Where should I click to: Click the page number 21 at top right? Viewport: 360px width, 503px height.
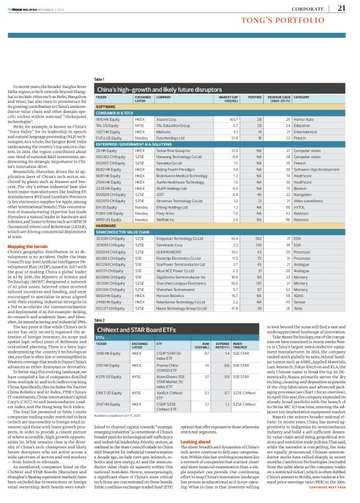tap(341, 8)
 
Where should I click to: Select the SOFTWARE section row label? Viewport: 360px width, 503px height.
tap(106, 107)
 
